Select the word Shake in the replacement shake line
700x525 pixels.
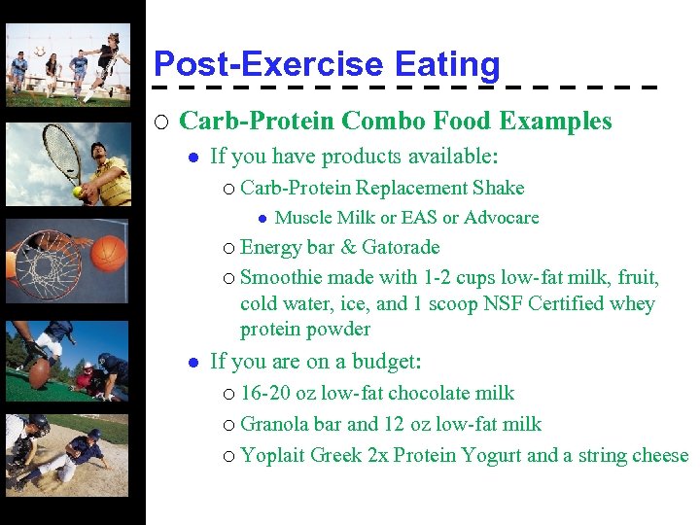tap(498, 188)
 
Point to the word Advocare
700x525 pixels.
tap(502, 218)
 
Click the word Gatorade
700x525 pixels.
tap(401, 247)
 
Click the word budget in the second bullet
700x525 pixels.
tap(386, 363)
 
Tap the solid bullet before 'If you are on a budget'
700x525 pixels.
tap(193, 363)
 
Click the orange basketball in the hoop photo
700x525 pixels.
tap(111, 255)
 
